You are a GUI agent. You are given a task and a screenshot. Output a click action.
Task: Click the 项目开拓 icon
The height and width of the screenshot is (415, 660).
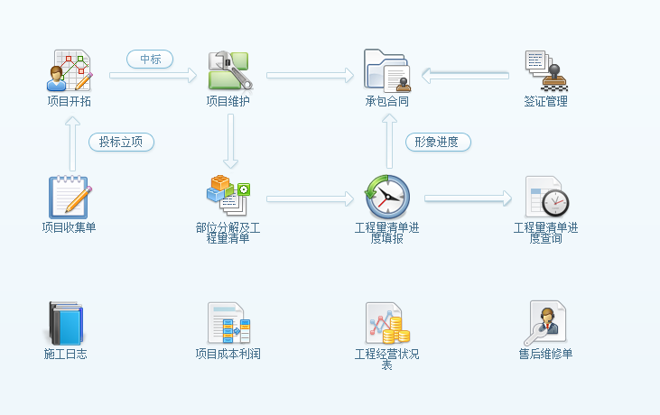pyautogui.click(x=70, y=70)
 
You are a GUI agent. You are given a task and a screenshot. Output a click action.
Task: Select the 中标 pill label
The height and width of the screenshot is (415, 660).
pyautogui.click(x=150, y=59)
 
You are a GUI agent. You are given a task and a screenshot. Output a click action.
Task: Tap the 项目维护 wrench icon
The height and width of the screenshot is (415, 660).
pyautogui.click(x=229, y=70)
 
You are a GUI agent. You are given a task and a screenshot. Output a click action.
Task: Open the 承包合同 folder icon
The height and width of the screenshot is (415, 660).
pyautogui.click(x=387, y=70)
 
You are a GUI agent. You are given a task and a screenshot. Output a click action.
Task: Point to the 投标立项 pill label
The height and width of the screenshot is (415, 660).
pyautogui.click(x=121, y=142)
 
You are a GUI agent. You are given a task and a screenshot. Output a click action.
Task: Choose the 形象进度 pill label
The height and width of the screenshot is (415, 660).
pyautogui.click(x=437, y=142)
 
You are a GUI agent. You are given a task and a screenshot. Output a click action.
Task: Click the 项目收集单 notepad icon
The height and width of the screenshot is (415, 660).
pyautogui.click(x=70, y=197)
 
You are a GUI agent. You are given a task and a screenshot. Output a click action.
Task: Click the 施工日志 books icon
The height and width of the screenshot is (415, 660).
pyautogui.click(x=65, y=323)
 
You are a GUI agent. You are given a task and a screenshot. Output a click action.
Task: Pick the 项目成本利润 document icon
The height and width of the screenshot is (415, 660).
pyautogui.click(x=228, y=323)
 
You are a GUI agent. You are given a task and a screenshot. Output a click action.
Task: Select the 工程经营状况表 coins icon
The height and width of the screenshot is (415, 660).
pyautogui.click(x=387, y=323)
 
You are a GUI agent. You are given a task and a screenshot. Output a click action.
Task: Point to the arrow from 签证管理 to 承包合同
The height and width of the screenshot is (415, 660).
pyautogui.click(x=466, y=76)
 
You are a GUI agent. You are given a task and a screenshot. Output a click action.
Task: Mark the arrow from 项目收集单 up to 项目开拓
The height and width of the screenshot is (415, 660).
pyautogui.click(x=72, y=145)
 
